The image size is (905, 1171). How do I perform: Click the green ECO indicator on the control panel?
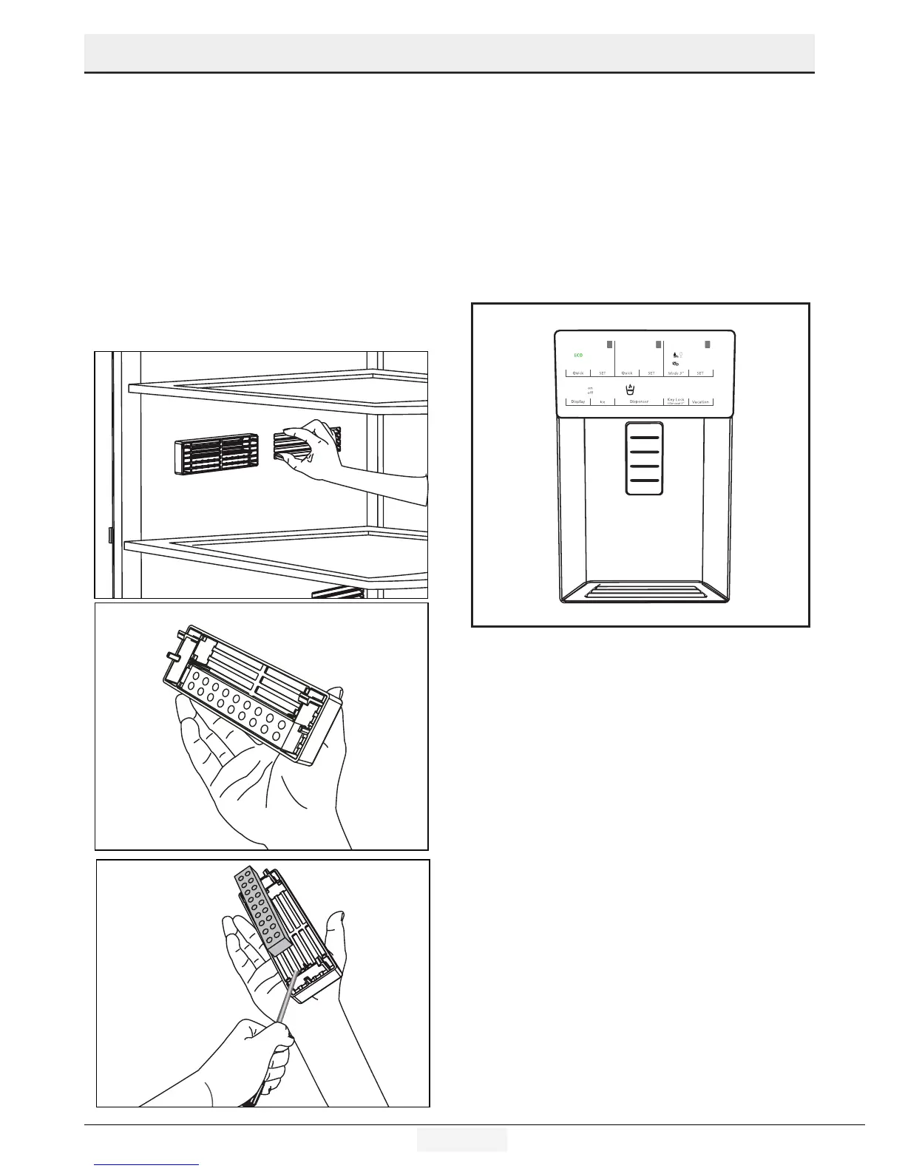coord(579,356)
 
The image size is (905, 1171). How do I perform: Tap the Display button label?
coord(578,401)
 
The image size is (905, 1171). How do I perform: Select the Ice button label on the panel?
coord(603,401)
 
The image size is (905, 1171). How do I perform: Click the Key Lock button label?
coord(676,401)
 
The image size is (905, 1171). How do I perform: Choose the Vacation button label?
coord(700,401)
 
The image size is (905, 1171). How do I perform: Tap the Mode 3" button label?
coord(676,373)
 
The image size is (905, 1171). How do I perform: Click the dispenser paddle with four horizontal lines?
coord(644,458)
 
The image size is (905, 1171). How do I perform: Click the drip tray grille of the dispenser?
coord(643,591)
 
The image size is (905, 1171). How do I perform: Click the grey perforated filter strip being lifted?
coord(261,910)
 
